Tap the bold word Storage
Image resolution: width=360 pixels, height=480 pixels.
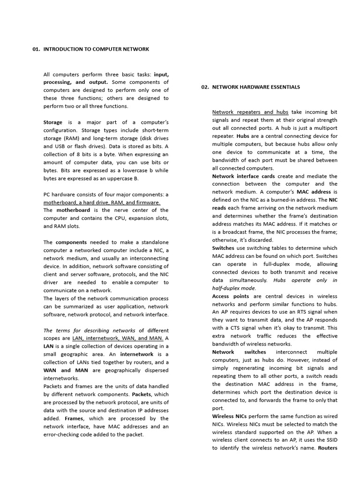point(52,122)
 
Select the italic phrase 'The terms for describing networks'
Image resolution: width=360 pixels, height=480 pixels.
point(89,330)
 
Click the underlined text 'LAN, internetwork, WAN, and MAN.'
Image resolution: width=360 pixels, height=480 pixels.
point(117,338)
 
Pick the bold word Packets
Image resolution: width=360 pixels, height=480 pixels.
point(142,394)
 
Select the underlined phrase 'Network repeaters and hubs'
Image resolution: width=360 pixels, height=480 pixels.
point(250,112)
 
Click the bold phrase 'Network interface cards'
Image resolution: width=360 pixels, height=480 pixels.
point(243,176)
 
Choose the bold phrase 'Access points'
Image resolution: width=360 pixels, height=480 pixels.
point(230,296)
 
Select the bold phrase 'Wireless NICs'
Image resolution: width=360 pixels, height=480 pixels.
point(229,416)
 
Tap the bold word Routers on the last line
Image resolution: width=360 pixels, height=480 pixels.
point(327,448)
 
